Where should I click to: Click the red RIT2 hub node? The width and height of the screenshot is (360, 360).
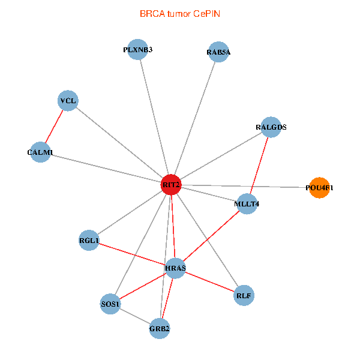[x=171, y=184]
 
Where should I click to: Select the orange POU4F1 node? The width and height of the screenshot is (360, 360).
[x=319, y=188]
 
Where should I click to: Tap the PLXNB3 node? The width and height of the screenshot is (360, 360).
[x=138, y=50]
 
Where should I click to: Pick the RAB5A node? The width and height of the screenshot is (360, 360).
[x=218, y=52]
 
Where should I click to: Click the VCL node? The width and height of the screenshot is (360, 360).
[x=68, y=101]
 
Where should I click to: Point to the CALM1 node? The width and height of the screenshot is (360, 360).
[x=40, y=152]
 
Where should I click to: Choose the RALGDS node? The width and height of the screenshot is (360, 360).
[x=271, y=127]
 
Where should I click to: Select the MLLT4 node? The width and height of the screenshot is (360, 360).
[x=247, y=204]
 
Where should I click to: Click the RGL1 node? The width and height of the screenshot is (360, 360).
[x=89, y=241]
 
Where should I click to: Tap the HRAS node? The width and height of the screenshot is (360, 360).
[x=176, y=268]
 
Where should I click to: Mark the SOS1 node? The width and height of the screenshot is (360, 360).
[x=110, y=304]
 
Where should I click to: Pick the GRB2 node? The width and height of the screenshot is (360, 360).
[x=160, y=328]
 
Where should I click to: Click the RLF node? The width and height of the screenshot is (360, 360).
[x=244, y=295]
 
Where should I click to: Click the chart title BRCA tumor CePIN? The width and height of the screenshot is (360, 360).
[x=179, y=13]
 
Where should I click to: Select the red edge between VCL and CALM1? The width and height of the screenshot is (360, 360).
[x=54, y=127]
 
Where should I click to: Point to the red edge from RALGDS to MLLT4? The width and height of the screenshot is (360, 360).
[x=259, y=166]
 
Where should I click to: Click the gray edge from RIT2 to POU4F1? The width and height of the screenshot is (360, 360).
[x=246, y=186]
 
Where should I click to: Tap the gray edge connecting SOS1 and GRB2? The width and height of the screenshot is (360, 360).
[x=135, y=316]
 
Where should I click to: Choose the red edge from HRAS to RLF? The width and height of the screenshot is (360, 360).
[x=210, y=281]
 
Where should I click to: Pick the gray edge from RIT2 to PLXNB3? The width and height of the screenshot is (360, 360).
[x=154, y=117]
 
